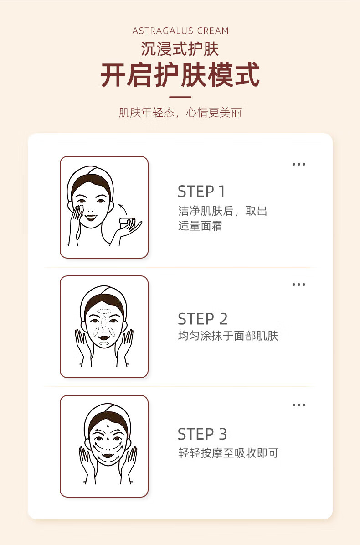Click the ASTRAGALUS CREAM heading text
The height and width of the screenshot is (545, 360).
[180, 31]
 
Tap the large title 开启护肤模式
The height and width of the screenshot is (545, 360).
[180, 75]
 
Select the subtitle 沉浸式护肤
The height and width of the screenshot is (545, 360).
[180, 49]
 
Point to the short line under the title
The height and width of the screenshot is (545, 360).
[180, 97]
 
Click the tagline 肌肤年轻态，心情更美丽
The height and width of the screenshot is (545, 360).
[180, 113]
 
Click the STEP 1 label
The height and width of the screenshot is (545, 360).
[201, 192]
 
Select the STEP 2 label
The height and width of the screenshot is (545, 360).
[202, 319]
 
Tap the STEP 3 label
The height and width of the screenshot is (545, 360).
[202, 434]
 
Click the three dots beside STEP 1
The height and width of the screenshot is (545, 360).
[299, 164]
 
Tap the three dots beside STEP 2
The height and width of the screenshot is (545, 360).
[299, 285]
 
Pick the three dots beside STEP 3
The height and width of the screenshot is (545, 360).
[299, 405]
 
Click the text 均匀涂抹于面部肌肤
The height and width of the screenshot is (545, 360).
[228, 336]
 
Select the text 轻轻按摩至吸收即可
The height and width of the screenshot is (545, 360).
[228, 453]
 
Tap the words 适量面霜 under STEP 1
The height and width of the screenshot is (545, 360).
[200, 226]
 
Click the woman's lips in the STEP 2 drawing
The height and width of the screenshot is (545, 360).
[104, 337]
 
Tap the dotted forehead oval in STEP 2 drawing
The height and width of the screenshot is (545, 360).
[104, 311]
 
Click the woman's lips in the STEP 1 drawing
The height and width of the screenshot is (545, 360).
[91, 218]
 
